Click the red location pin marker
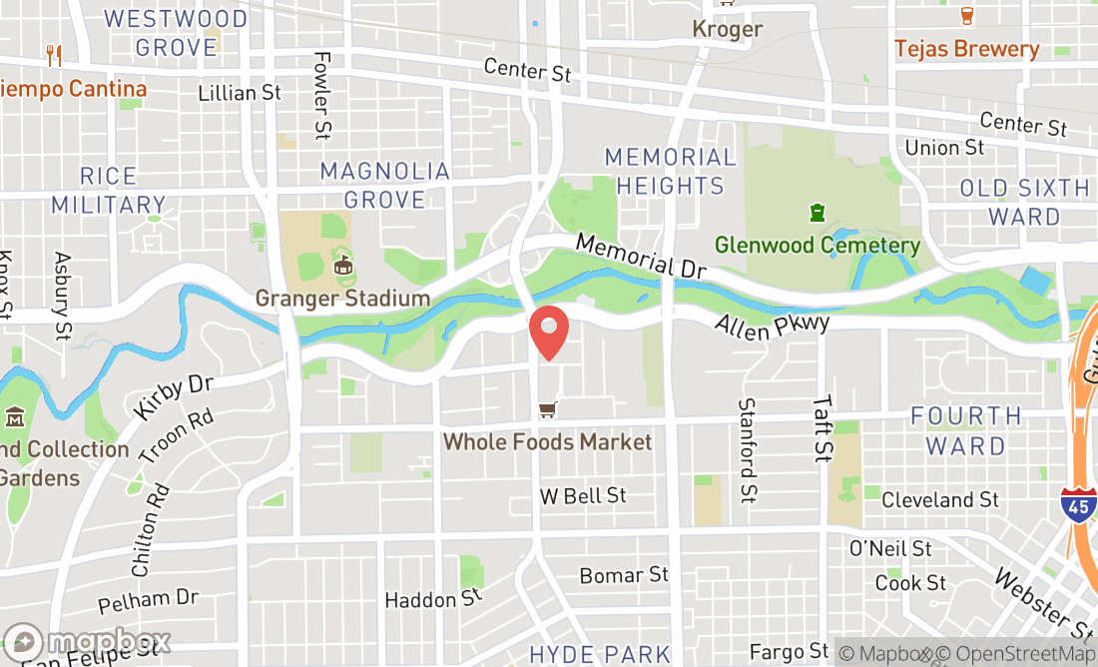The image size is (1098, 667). click(x=548, y=333)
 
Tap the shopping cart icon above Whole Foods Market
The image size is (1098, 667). click(x=547, y=409)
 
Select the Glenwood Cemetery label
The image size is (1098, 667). click(x=818, y=245)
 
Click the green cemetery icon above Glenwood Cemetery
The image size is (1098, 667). click(x=818, y=213)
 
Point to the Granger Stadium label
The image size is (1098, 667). click(x=342, y=298)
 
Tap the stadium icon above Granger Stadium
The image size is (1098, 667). click(x=343, y=265)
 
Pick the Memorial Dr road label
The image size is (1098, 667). click(x=641, y=257)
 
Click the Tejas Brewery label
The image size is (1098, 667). click(x=966, y=49)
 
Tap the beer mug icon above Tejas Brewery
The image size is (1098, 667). click(x=966, y=15)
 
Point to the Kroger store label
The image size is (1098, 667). click(x=728, y=29)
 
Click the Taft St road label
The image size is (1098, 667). click(x=822, y=427)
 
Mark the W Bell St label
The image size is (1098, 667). click(x=583, y=495)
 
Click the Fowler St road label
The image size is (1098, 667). click(x=321, y=95)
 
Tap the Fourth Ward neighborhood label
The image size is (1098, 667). click(x=966, y=430)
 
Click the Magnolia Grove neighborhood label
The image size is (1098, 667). click(x=385, y=185)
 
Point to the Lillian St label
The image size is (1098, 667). click(x=240, y=93)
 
